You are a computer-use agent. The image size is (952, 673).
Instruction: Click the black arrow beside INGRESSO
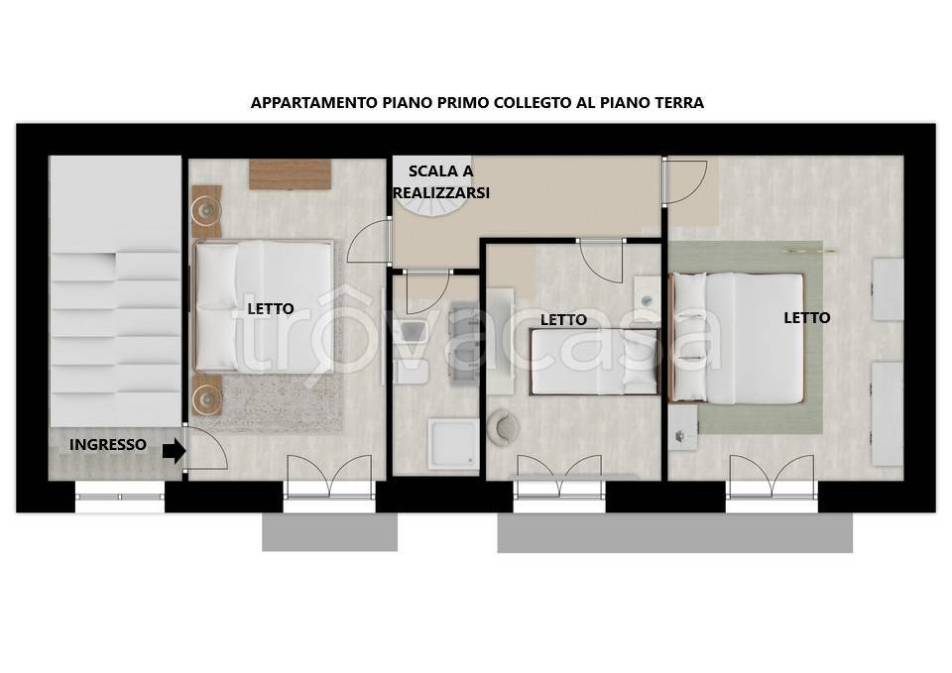tap(175, 451)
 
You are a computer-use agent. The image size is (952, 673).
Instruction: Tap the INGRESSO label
tap(107, 445)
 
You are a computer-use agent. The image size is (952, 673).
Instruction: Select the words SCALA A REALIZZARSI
tap(441, 182)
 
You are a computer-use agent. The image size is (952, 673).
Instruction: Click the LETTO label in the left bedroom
tap(271, 309)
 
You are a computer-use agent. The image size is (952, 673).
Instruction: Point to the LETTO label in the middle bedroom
tap(563, 320)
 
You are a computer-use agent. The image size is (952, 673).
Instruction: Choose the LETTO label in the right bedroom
tap(807, 317)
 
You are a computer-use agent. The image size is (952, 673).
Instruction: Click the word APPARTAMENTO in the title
tap(314, 102)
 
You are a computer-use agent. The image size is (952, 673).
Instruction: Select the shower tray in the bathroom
tap(453, 444)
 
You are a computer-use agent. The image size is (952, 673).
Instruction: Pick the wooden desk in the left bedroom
tap(291, 174)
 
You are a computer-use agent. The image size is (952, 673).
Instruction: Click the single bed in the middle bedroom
tap(595, 363)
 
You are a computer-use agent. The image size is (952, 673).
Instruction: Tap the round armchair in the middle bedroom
tap(504, 425)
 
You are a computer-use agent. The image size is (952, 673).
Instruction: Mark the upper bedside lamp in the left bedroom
tap(207, 211)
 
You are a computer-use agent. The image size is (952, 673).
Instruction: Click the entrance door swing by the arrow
tap(206, 447)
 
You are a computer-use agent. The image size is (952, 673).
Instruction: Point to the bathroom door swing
tap(426, 292)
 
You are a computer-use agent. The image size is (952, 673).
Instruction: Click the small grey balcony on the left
tap(329, 532)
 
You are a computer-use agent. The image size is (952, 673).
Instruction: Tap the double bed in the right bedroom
tap(737, 338)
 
